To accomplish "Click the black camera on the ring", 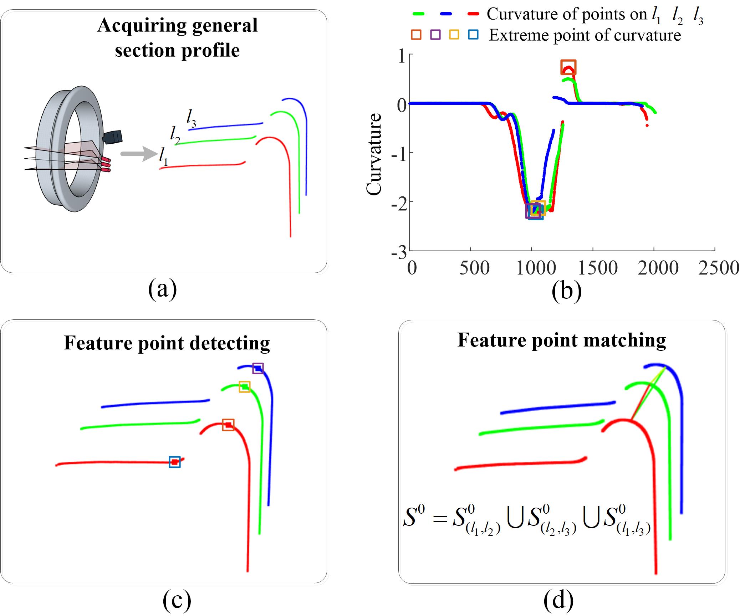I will point(113,137).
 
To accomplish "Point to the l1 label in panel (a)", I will point(163,157).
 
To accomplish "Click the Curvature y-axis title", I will point(374,154).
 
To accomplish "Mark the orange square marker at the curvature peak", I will point(568,67).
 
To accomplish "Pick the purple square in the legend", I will point(435,35).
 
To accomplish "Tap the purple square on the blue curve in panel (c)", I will point(258,368).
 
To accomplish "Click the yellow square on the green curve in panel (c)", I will point(244,386).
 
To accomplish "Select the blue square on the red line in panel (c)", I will point(175,462).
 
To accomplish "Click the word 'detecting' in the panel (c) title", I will point(230,343).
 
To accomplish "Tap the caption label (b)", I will point(566,291).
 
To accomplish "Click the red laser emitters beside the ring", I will point(106,165).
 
